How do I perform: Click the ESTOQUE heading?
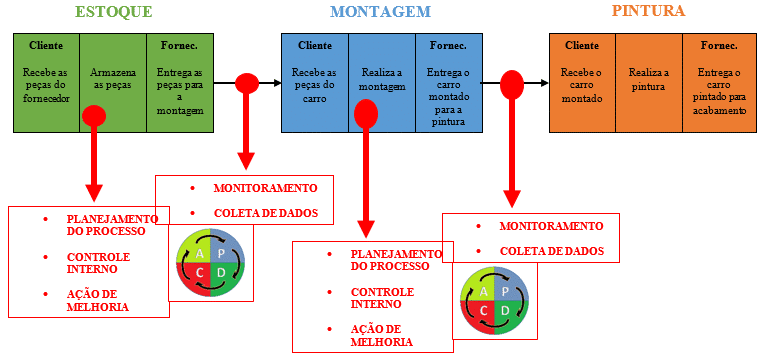114,13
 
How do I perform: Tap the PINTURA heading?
648,12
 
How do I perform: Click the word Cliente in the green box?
46,46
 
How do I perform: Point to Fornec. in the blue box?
448,46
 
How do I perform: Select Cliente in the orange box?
582,46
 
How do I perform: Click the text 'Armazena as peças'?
113,79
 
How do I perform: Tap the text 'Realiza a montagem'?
381,80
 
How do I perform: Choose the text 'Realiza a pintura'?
648,79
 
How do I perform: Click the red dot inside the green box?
94,115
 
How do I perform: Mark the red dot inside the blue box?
366,113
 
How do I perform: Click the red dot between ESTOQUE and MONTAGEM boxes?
247,83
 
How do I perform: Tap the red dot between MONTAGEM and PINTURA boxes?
512,84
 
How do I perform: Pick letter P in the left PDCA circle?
221,253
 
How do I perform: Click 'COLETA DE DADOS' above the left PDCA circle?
265,212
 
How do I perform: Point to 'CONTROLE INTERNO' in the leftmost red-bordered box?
98,263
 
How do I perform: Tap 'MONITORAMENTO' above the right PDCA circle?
551,226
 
